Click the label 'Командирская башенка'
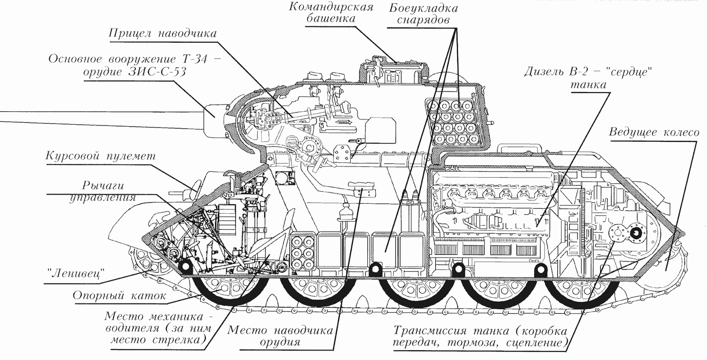[331, 13]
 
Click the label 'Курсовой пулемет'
[101, 156]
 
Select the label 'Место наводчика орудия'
[281, 336]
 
